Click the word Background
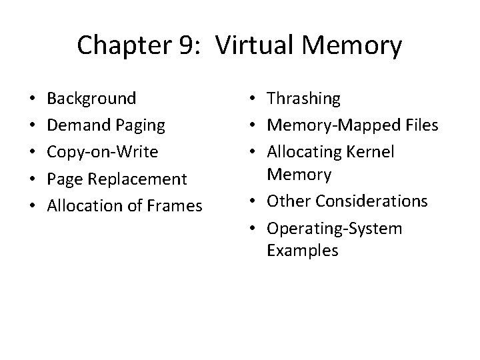click(x=92, y=99)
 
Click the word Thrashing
click(x=303, y=99)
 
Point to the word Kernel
click(x=371, y=152)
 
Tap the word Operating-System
click(x=334, y=229)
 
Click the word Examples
click(x=302, y=251)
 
